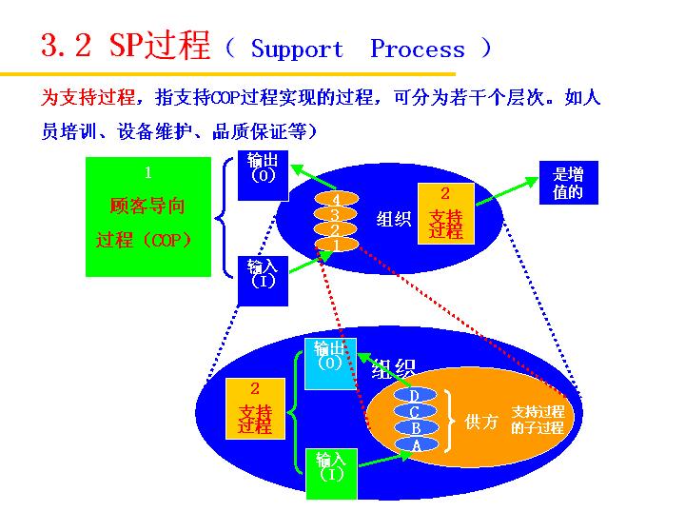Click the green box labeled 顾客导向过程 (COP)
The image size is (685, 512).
(148, 217)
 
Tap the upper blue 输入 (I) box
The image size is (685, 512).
(263, 280)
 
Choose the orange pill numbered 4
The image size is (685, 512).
(335, 199)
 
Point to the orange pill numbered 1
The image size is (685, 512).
(335, 245)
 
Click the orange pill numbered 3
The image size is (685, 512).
(335, 214)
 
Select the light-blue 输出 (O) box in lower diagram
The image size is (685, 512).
(329, 364)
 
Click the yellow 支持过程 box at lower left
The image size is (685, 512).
(255, 408)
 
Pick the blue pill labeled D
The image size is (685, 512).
(415, 395)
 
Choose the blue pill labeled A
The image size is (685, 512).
(415, 444)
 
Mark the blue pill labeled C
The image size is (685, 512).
(415, 411)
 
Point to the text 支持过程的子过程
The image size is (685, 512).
(538, 420)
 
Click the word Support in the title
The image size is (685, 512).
(297, 49)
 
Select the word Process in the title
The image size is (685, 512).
(418, 49)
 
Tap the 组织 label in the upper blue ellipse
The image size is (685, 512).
(393, 219)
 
